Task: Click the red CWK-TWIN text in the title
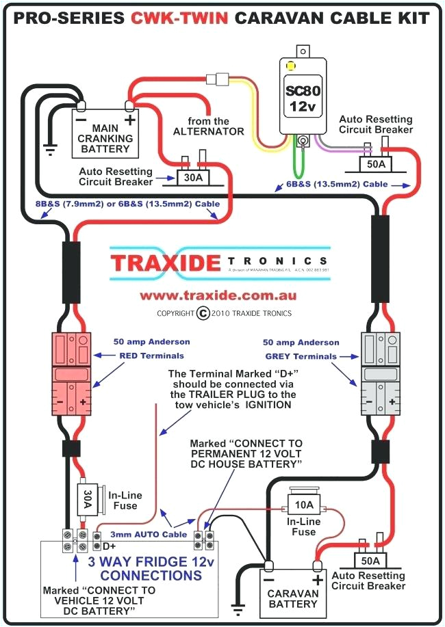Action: (x=179, y=18)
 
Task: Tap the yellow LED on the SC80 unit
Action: (x=290, y=67)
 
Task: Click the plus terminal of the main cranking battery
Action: (x=128, y=105)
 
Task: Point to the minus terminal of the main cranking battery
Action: (x=81, y=105)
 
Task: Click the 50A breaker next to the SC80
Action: (x=375, y=165)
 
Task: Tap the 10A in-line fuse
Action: (x=303, y=506)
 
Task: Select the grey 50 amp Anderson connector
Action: (x=379, y=373)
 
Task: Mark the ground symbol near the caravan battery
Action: (x=238, y=607)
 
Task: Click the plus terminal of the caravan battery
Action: (x=318, y=565)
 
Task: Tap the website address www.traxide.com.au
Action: (x=218, y=295)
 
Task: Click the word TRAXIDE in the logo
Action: (x=165, y=262)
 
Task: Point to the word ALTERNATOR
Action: (x=208, y=131)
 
